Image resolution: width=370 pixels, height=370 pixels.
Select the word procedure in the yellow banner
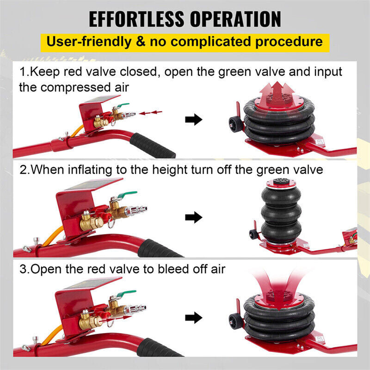click(x=284, y=41)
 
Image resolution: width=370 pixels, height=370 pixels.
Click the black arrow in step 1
click(x=194, y=120)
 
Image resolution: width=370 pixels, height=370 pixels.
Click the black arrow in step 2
click(x=194, y=216)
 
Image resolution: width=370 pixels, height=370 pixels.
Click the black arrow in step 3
click(x=194, y=318)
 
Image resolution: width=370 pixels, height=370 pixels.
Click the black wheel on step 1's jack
click(x=233, y=125)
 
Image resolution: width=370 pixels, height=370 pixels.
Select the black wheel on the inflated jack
click(x=253, y=233)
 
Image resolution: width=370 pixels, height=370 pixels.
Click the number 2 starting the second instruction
click(x=23, y=170)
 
